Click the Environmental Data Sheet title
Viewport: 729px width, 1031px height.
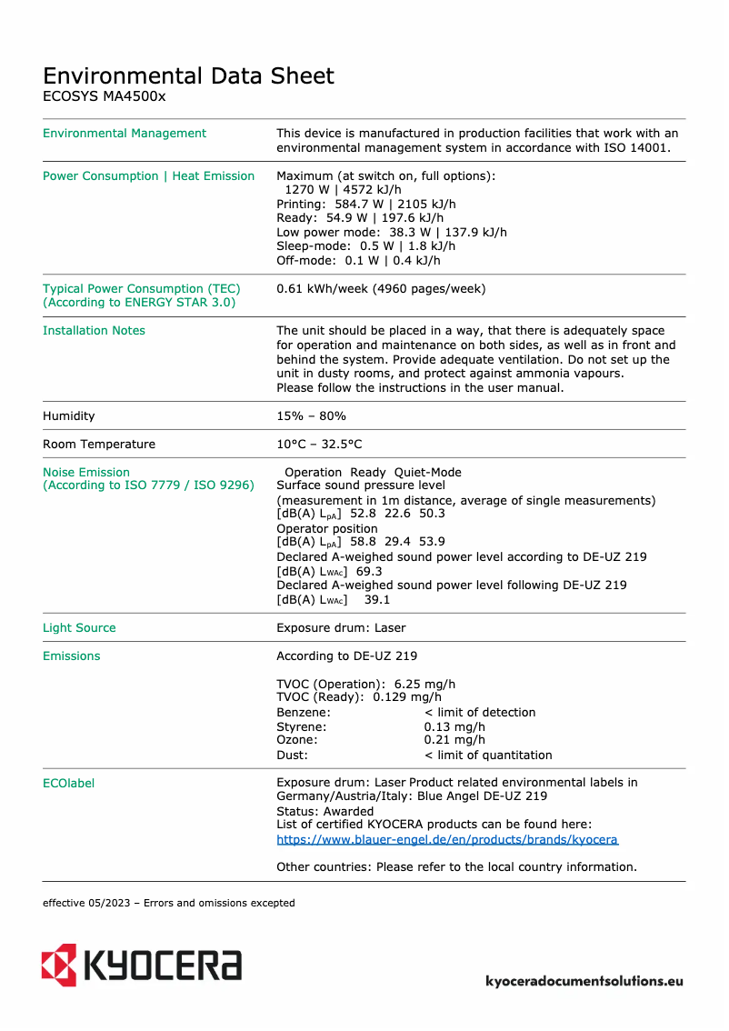pyautogui.click(x=188, y=75)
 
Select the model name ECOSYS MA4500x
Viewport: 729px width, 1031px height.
pyautogui.click(x=104, y=96)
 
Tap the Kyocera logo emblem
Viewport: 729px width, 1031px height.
pyautogui.click(x=59, y=964)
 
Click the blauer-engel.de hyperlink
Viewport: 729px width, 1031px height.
pyautogui.click(x=446, y=839)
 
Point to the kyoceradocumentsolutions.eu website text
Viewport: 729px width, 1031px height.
pyautogui.click(x=584, y=981)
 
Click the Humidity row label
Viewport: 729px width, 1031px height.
pyautogui.click(x=69, y=415)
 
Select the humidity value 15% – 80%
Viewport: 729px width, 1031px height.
pyautogui.click(x=311, y=415)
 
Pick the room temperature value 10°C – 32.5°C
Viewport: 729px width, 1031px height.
pyautogui.click(x=319, y=444)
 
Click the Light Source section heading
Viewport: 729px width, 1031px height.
pyautogui.click(x=79, y=627)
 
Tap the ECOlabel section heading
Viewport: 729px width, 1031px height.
pyautogui.click(x=68, y=783)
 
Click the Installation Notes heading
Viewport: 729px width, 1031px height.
pyautogui.click(x=94, y=330)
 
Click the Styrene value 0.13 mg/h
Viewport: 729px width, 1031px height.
pyautogui.click(x=454, y=726)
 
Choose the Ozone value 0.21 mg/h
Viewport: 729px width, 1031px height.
pyautogui.click(x=454, y=740)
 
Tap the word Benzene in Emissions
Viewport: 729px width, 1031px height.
pyautogui.click(x=303, y=712)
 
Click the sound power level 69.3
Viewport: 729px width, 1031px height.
pyautogui.click(x=369, y=571)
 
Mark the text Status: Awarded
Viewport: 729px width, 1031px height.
pyautogui.click(x=325, y=811)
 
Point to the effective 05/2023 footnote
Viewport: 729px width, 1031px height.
pyautogui.click(x=168, y=903)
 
